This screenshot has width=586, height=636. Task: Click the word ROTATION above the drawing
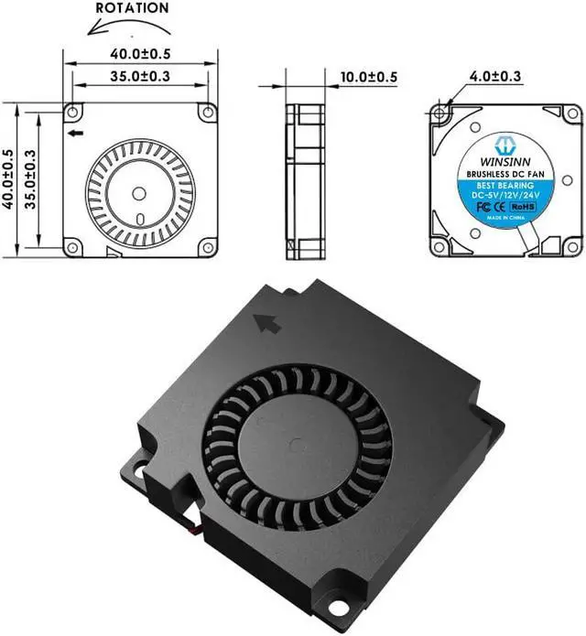(132, 8)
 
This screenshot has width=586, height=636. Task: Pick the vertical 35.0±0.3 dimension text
(32, 180)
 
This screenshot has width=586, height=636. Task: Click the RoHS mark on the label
(522, 208)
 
